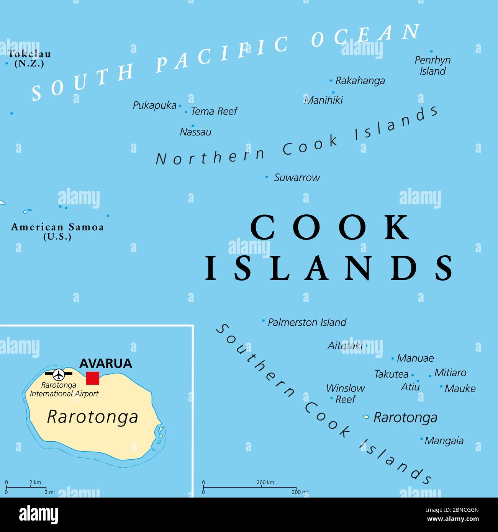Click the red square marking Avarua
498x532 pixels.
coord(93,378)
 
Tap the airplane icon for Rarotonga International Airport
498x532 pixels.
coord(59,374)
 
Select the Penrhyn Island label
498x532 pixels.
coord(432,65)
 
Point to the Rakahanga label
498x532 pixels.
coord(360,81)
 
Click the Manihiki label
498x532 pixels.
coord(324,100)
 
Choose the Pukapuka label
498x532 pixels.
coord(154,105)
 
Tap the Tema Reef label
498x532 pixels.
coord(214,111)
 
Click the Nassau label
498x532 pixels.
coord(196,132)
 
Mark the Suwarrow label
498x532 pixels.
coord(297,178)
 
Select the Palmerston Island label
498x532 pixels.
coord(307,322)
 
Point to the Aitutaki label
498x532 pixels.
coord(345,346)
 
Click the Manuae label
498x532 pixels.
coord(415,358)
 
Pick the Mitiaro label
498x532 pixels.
coord(450,373)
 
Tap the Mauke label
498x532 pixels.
coord(460,388)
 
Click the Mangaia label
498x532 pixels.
coord(444,441)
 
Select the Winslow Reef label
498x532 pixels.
coord(346,393)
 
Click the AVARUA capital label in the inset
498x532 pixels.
coord(105,363)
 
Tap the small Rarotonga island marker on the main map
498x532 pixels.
coord(366,416)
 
